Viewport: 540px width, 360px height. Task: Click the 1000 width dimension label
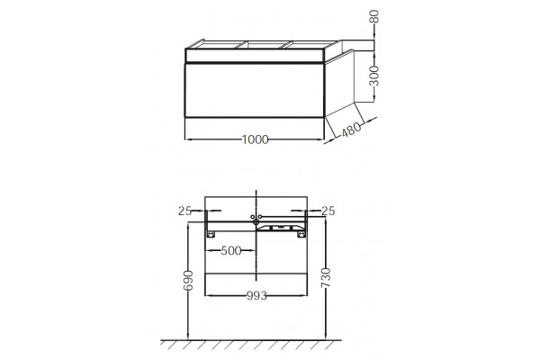tap(255, 139)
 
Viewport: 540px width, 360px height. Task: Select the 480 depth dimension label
tap(352, 130)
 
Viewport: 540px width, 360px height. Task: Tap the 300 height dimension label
tap(373, 76)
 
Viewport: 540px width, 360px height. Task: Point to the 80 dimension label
tap(374, 16)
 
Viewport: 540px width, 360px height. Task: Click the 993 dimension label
tap(256, 295)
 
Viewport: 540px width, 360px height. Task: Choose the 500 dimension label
tap(231, 250)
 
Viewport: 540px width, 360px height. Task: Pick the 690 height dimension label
tap(188, 281)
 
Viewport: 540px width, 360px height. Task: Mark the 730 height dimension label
tap(326, 278)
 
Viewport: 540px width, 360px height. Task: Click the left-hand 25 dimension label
tap(184, 211)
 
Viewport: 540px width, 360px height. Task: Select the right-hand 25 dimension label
tap(328, 211)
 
